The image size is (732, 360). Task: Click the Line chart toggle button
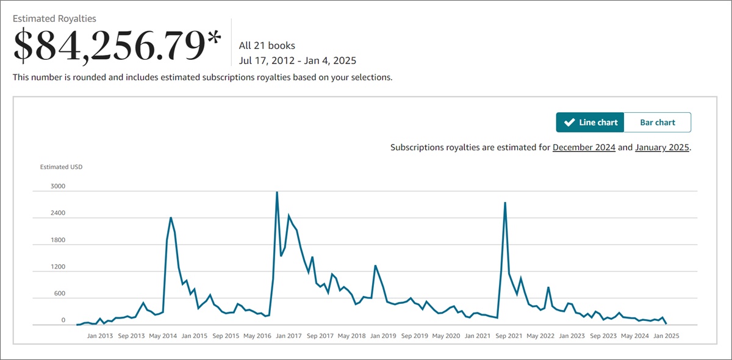point(590,123)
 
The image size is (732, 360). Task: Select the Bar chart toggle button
point(657,123)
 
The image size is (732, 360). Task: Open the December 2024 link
point(584,148)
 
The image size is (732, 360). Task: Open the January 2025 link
point(662,148)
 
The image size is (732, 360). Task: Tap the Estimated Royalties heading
point(54,19)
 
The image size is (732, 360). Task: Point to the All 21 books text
point(267,46)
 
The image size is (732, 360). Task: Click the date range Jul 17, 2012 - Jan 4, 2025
point(298,60)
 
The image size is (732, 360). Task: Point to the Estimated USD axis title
point(61,167)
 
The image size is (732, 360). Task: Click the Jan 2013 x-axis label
point(100,336)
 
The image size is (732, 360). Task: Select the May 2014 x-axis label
point(163,336)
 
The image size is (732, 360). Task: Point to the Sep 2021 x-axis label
point(509,336)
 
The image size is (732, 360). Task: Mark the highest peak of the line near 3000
point(277,192)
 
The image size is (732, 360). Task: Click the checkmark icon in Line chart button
point(569,123)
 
